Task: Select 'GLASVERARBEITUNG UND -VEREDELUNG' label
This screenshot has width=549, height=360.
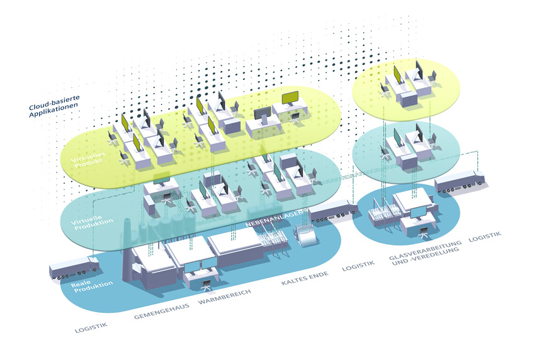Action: click(425, 250)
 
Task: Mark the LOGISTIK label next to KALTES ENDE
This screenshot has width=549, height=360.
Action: click(358, 266)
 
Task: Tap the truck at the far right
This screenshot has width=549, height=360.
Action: click(460, 181)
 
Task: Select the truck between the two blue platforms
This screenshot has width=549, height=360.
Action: click(331, 211)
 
